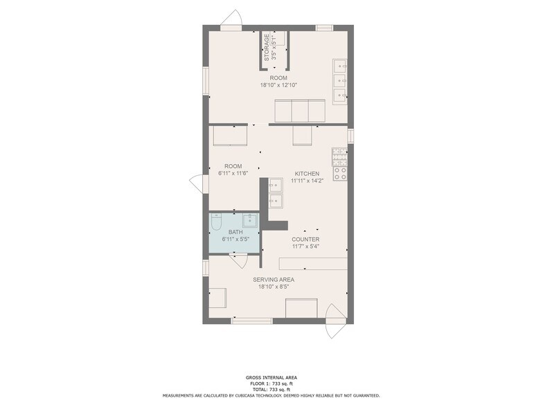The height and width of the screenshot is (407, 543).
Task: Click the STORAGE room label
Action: click(x=267, y=47)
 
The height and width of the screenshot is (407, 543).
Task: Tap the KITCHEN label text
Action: click(x=307, y=173)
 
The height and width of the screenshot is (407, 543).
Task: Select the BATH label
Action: click(x=235, y=232)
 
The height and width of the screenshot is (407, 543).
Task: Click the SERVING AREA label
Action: click(x=274, y=280)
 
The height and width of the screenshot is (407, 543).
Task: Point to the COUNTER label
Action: click(x=305, y=239)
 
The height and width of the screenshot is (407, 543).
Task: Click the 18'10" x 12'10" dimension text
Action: click(x=278, y=84)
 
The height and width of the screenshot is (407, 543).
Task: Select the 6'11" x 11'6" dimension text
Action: click(x=233, y=173)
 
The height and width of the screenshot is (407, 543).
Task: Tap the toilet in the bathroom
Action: click(x=216, y=221)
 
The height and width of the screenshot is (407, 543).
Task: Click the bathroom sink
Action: click(x=249, y=220)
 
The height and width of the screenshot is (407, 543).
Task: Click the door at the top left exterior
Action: click(x=231, y=18)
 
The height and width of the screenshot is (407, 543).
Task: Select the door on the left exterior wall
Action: click(x=198, y=183)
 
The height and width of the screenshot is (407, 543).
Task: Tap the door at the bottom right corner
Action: click(x=335, y=321)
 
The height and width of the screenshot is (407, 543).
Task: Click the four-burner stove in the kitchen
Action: click(x=339, y=156)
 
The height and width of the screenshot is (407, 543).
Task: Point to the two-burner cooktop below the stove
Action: click(x=340, y=173)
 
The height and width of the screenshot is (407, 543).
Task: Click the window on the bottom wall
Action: click(x=252, y=321)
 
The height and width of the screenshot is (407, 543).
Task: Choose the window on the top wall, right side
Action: click(x=324, y=28)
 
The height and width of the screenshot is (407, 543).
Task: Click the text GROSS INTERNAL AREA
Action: click(x=271, y=378)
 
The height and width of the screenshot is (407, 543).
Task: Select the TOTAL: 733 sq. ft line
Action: click(x=271, y=389)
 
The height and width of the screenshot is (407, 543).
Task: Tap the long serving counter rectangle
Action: click(x=313, y=263)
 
